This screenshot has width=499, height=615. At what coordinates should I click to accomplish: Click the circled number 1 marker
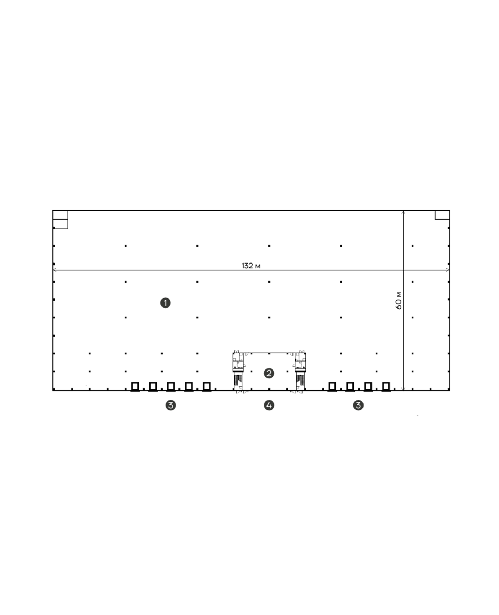click(165, 303)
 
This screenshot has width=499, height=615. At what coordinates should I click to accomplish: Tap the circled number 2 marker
click(269, 373)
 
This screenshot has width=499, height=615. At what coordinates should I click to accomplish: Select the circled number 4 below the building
click(269, 405)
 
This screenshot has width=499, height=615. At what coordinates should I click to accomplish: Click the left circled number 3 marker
click(170, 405)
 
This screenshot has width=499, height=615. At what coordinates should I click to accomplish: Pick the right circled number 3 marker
click(358, 405)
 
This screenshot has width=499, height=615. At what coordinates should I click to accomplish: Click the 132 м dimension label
click(251, 266)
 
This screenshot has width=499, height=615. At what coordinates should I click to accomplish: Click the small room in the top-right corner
click(442, 215)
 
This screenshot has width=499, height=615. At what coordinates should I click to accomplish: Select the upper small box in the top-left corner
click(60, 215)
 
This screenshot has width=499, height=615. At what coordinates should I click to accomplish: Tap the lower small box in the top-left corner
click(60, 224)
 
